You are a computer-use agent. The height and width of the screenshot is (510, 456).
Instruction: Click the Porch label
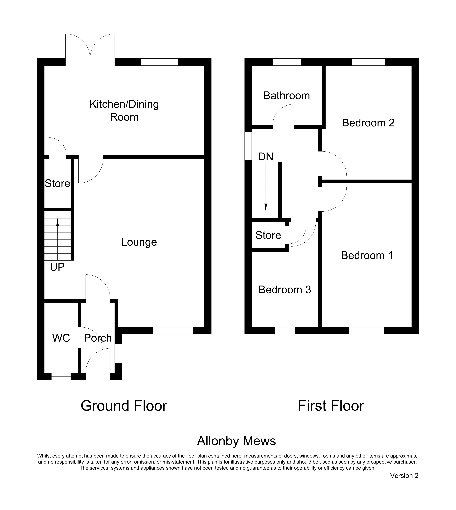98,338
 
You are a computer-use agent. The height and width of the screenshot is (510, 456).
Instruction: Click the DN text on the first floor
266,157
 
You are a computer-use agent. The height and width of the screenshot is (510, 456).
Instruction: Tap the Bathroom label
287,96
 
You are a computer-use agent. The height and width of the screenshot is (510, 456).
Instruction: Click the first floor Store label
268,235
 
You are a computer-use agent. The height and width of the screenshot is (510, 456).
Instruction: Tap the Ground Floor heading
124,406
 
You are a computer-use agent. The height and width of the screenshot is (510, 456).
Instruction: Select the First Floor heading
331,406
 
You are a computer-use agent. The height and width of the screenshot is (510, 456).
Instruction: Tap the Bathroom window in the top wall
287,62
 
